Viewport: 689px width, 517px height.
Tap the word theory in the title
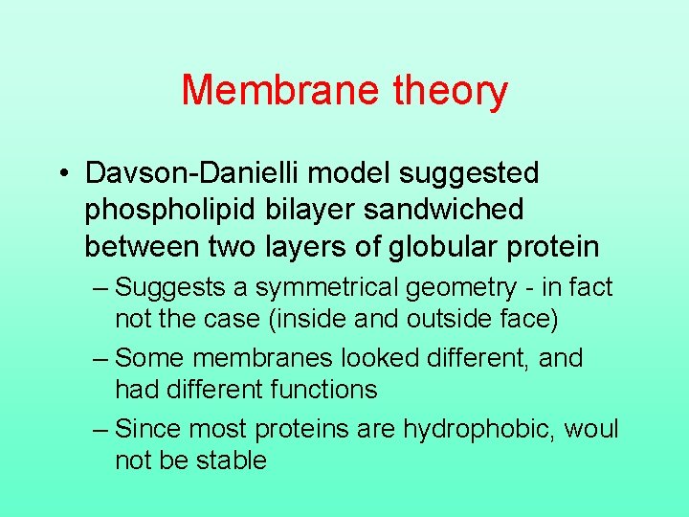(450, 92)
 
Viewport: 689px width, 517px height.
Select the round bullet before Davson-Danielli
(61, 174)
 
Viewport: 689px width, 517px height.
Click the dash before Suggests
(101, 287)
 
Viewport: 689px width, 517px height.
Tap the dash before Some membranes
(101, 358)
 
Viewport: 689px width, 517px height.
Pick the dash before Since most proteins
(101, 429)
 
